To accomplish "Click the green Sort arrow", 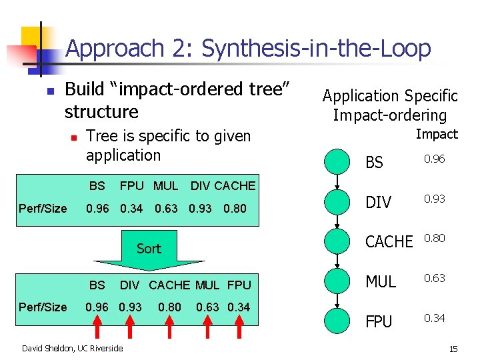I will [x=149, y=249].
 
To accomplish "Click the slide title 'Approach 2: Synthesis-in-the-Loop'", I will [x=248, y=48].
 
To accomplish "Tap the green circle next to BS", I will [x=337, y=162].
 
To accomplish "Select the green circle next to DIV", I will [x=337, y=201].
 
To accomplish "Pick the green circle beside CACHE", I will [x=337, y=241].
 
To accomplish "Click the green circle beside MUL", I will [x=337, y=281].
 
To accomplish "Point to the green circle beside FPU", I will [x=337, y=321].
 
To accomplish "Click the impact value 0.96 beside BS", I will [x=434, y=159].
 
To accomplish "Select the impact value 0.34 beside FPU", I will [x=434, y=318].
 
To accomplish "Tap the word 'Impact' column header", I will [x=437, y=134].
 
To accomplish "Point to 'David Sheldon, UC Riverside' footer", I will [x=72, y=348].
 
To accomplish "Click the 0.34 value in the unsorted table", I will [x=132, y=209].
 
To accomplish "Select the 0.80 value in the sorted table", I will [x=169, y=307].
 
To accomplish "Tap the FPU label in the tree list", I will [x=379, y=322].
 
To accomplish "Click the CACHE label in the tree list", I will [x=389, y=242].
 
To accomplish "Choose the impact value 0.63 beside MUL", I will [x=434, y=278].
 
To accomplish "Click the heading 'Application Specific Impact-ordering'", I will [x=390, y=105].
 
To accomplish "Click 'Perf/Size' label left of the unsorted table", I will [x=43, y=209].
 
